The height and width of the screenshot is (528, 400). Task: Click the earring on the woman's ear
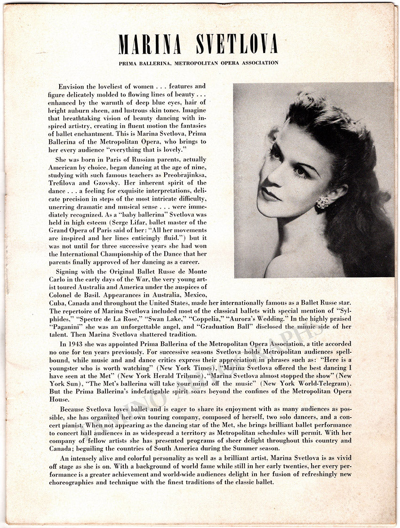pos(323,202)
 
